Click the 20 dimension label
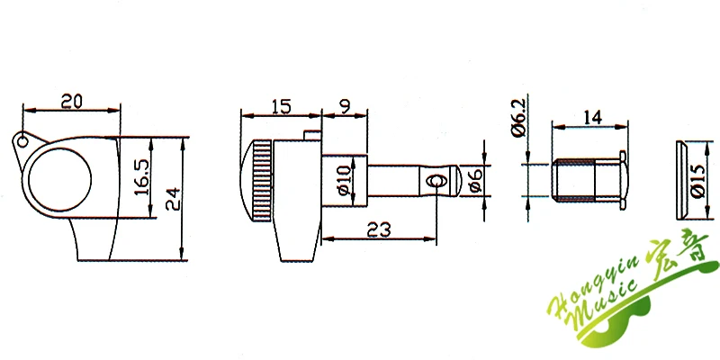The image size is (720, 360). point(71,101)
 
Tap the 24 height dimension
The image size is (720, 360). point(173,198)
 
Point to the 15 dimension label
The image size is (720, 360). point(281,106)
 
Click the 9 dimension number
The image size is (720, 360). point(346,106)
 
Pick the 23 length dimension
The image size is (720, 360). point(379,229)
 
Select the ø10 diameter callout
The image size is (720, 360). point(345,180)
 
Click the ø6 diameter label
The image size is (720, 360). point(476,180)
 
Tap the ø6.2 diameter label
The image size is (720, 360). point(518,119)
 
